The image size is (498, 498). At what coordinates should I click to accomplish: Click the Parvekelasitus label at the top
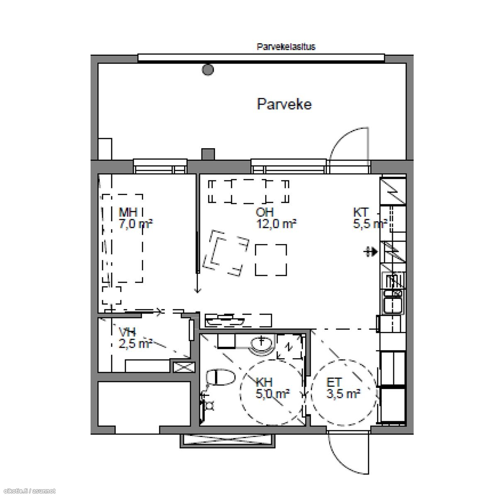[286, 47]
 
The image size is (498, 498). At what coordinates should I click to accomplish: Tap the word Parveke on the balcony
[284, 104]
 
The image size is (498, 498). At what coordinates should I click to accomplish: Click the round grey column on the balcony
[208, 69]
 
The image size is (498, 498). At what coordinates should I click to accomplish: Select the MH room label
[128, 212]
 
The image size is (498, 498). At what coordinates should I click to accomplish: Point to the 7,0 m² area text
[136, 224]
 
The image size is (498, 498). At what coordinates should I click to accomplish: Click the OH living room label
[264, 212]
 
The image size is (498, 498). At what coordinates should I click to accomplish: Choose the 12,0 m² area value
[276, 224]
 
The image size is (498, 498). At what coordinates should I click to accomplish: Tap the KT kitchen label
[361, 212]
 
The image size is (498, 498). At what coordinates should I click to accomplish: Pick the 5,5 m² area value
[370, 224]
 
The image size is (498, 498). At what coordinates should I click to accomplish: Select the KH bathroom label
[264, 382]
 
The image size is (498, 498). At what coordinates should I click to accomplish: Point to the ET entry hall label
[334, 382]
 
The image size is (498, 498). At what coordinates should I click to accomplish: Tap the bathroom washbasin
[261, 344]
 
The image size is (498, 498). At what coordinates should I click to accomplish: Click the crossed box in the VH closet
[184, 367]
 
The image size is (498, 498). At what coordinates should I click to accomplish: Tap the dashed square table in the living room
[271, 260]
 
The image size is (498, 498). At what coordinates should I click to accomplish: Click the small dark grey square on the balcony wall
[208, 154]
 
